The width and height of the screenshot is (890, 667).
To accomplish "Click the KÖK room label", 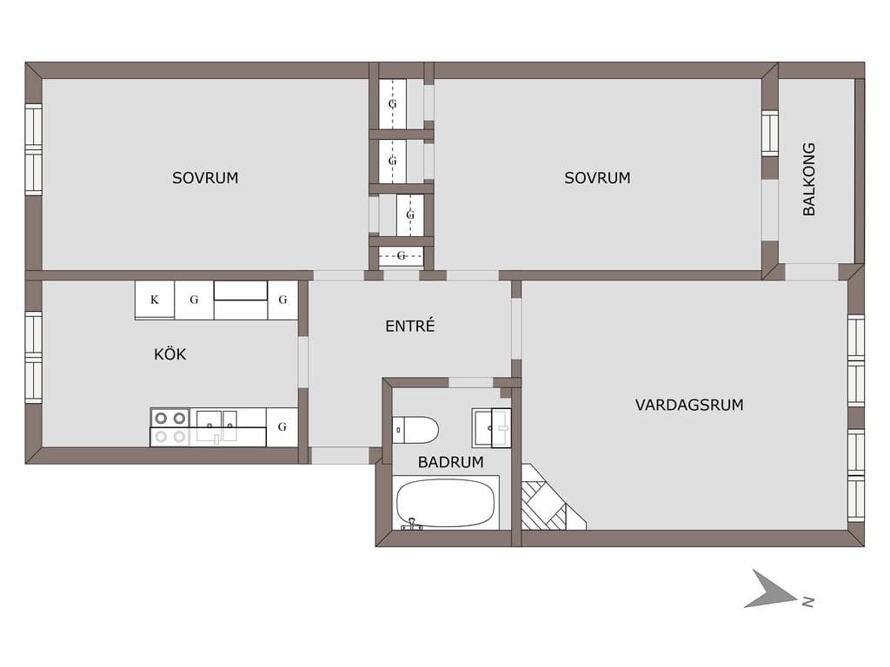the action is pos(169,354).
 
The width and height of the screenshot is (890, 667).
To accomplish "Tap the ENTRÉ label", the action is pos(410,326).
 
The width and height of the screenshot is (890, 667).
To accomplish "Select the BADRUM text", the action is pos(451,462).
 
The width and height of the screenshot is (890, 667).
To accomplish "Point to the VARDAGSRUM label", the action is pos(689,405).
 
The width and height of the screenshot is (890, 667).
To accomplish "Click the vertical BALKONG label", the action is pos(809,179).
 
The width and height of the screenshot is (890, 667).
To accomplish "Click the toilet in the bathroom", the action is pos(415,430).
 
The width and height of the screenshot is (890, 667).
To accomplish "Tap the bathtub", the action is pos(446,503).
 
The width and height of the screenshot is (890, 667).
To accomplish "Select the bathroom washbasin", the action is pos(492,428).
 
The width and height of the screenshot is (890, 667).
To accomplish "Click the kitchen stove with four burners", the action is pos(169,427).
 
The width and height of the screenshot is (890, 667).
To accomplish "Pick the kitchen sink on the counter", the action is pos(216,426).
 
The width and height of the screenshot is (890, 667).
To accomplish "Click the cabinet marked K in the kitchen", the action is pos(155,300).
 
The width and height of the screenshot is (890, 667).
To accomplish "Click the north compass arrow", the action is pos(769,590).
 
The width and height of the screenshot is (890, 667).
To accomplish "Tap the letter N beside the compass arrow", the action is pos(808,603).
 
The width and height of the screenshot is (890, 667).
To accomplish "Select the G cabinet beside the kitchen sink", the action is pos(282,427).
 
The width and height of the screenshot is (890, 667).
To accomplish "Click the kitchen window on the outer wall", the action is pos(34,357).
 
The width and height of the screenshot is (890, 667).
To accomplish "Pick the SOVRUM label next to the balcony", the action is pos(597,178).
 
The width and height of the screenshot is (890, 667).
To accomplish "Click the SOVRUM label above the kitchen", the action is pos(205,178).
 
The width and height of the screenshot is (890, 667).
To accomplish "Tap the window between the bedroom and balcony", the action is pos(770,134).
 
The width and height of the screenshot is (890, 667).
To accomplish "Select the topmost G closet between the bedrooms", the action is pos(392,104).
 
